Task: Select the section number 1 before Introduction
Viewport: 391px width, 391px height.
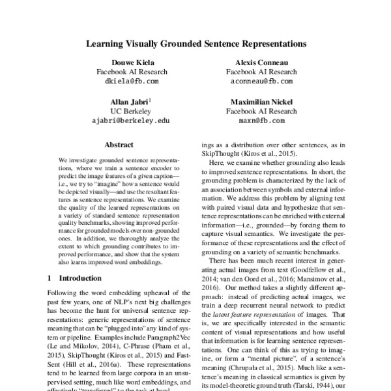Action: point(50,278)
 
